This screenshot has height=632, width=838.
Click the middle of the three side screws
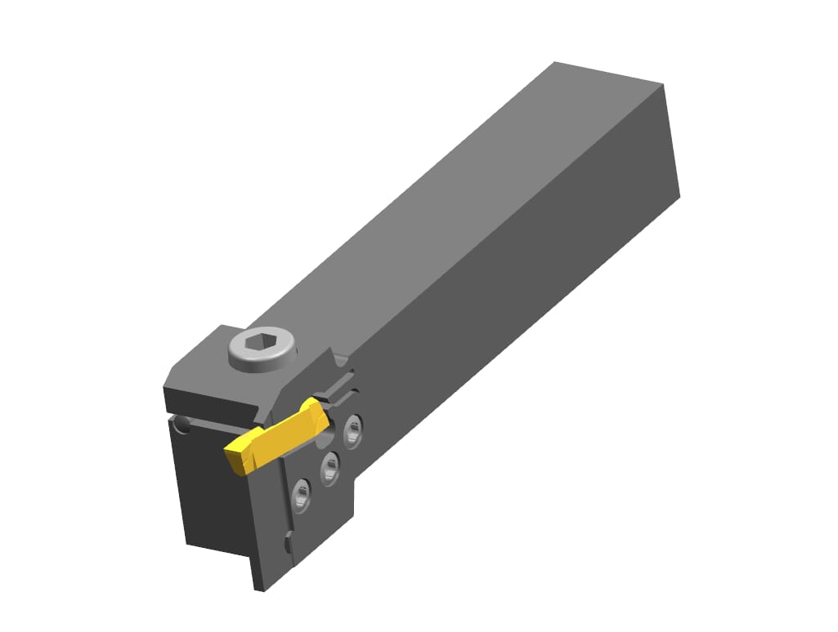click(x=329, y=467)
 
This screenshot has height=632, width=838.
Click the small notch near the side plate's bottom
click(x=289, y=542)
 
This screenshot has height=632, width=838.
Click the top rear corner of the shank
click(x=555, y=63)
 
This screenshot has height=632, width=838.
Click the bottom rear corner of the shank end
click(x=679, y=196)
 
